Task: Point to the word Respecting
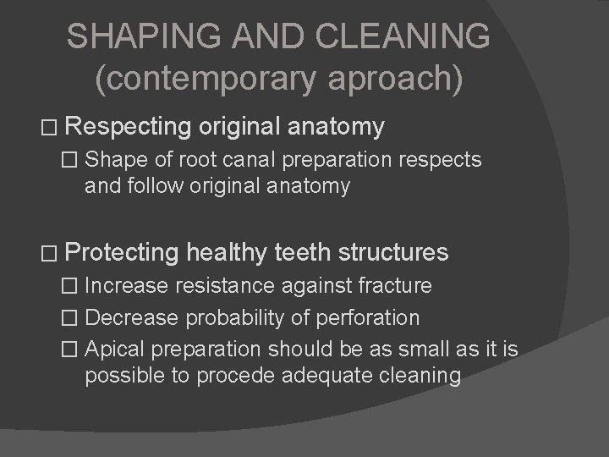click(129, 127)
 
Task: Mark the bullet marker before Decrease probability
click(73, 318)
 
